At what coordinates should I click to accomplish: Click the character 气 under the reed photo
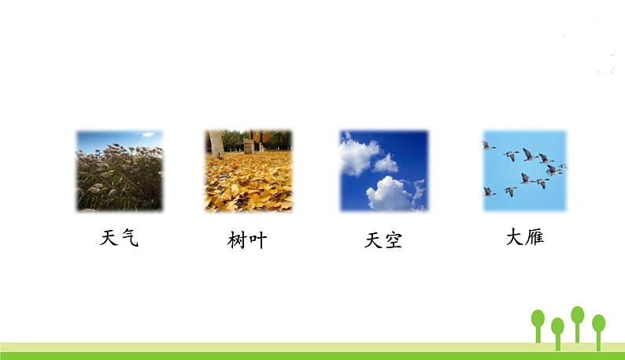[130, 238]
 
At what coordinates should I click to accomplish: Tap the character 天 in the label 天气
[109, 238]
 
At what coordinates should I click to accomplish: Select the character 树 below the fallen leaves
[237, 240]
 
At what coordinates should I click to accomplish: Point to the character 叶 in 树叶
[258, 240]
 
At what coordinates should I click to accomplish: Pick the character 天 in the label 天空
[373, 240]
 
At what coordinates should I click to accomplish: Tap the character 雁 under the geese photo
[534, 236]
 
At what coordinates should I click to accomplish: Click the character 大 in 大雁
[514, 236]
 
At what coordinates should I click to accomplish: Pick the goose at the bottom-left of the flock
[489, 191]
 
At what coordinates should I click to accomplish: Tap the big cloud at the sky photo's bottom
[390, 193]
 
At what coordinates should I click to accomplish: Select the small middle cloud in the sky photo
[386, 163]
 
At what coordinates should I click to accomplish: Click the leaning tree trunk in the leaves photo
[216, 143]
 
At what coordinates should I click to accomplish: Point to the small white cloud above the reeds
[147, 135]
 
